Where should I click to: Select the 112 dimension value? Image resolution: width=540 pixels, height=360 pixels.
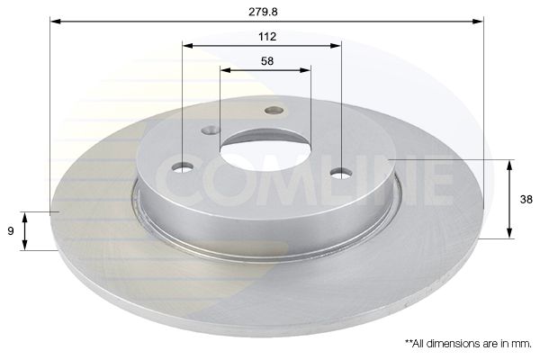point(267,37)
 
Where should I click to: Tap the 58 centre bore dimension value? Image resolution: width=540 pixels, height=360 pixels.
point(267,61)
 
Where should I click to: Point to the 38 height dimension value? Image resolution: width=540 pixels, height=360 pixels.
point(526,200)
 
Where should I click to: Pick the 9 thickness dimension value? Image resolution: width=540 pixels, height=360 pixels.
point(11,231)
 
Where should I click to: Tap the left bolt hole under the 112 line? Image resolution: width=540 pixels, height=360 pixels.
point(183,167)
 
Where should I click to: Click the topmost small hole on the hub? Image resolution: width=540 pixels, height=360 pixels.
point(274,110)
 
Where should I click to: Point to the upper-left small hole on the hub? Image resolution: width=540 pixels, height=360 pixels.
point(211,130)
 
